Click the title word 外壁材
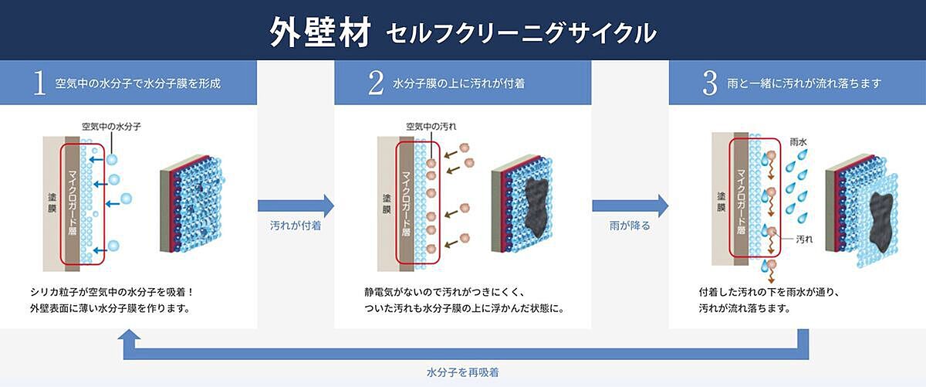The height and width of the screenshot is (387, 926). (x=320, y=32)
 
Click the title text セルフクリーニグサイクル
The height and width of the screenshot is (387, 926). (x=522, y=33)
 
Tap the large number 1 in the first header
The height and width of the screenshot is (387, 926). (x=39, y=83)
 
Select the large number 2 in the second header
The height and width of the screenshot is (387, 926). (x=376, y=83)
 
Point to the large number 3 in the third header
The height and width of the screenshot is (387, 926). (x=710, y=83)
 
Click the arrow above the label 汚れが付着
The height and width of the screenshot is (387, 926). (x=296, y=205)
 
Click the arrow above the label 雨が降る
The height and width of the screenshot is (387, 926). (x=630, y=205)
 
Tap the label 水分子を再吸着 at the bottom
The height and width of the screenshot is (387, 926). (x=462, y=372)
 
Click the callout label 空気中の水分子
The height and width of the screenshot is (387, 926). (x=111, y=127)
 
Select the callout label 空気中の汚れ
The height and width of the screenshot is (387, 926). (x=431, y=127)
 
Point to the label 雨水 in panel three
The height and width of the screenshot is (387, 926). (x=798, y=142)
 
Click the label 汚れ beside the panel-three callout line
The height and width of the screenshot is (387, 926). (x=804, y=239)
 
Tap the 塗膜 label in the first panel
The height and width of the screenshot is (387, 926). (x=52, y=203)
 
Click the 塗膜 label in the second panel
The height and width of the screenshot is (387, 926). (x=387, y=204)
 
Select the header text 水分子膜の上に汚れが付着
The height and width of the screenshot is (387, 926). (x=458, y=83)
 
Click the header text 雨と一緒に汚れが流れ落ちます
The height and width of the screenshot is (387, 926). (x=804, y=83)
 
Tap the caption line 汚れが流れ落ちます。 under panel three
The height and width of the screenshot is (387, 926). (x=745, y=308)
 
